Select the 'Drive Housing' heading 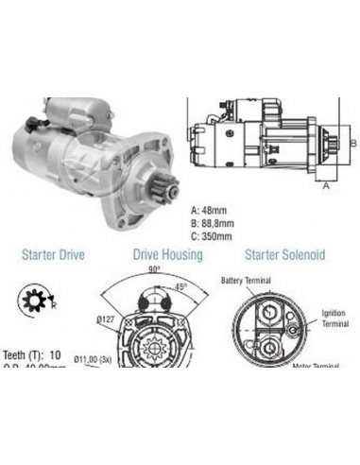pos(167,254)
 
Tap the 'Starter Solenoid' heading pos(284,254)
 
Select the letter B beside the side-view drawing pos(351,142)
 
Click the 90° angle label pos(154,269)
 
